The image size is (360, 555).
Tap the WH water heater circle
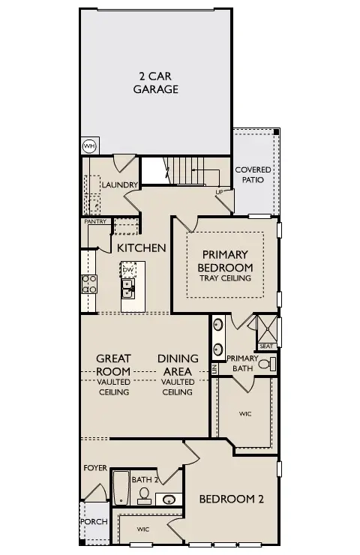(89, 145)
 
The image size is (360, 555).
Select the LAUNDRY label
(119, 185)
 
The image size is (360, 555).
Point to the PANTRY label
(94, 221)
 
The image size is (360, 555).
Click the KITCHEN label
(141, 247)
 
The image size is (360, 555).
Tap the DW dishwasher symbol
(128, 269)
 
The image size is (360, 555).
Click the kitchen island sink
(128, 286)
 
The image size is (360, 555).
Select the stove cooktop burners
(88, 284)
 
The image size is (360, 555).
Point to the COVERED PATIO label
(253, 175)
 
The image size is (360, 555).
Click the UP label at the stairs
(219, 192)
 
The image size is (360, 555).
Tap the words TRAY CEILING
(225, 278)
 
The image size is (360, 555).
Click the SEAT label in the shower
(266, 346)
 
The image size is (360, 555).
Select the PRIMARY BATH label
(242, 363)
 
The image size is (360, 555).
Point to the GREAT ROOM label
(113, 364)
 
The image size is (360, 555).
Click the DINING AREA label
(178, 364)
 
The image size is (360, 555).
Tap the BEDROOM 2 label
(230, 499)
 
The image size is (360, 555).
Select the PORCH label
(94, 522)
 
